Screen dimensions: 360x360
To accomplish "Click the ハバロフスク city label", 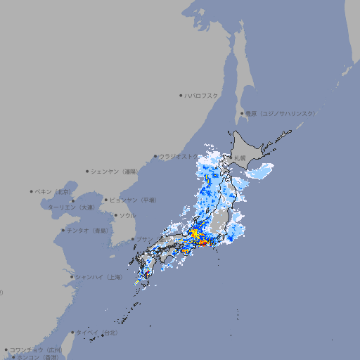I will [201, 95].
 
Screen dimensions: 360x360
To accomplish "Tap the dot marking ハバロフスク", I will [181, 95].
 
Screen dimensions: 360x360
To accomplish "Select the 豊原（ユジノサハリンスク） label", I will [281, 113].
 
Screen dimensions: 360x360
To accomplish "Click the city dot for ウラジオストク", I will [155, 157].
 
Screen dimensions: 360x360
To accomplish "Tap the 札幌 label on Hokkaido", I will [240, 157].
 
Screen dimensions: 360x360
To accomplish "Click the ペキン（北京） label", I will [54, 191].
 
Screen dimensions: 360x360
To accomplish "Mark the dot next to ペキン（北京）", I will [32, 191].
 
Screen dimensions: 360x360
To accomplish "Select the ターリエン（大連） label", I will [71, 207].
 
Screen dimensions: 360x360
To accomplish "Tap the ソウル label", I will [127, 215].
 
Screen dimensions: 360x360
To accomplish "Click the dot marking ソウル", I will [115, 216].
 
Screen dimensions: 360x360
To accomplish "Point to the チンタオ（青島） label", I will [87, 230].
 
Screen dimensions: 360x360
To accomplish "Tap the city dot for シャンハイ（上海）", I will [72, 277].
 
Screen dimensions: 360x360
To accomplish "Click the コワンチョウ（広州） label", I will [36, 349].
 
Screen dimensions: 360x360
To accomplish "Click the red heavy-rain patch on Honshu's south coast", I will [203, 243].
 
